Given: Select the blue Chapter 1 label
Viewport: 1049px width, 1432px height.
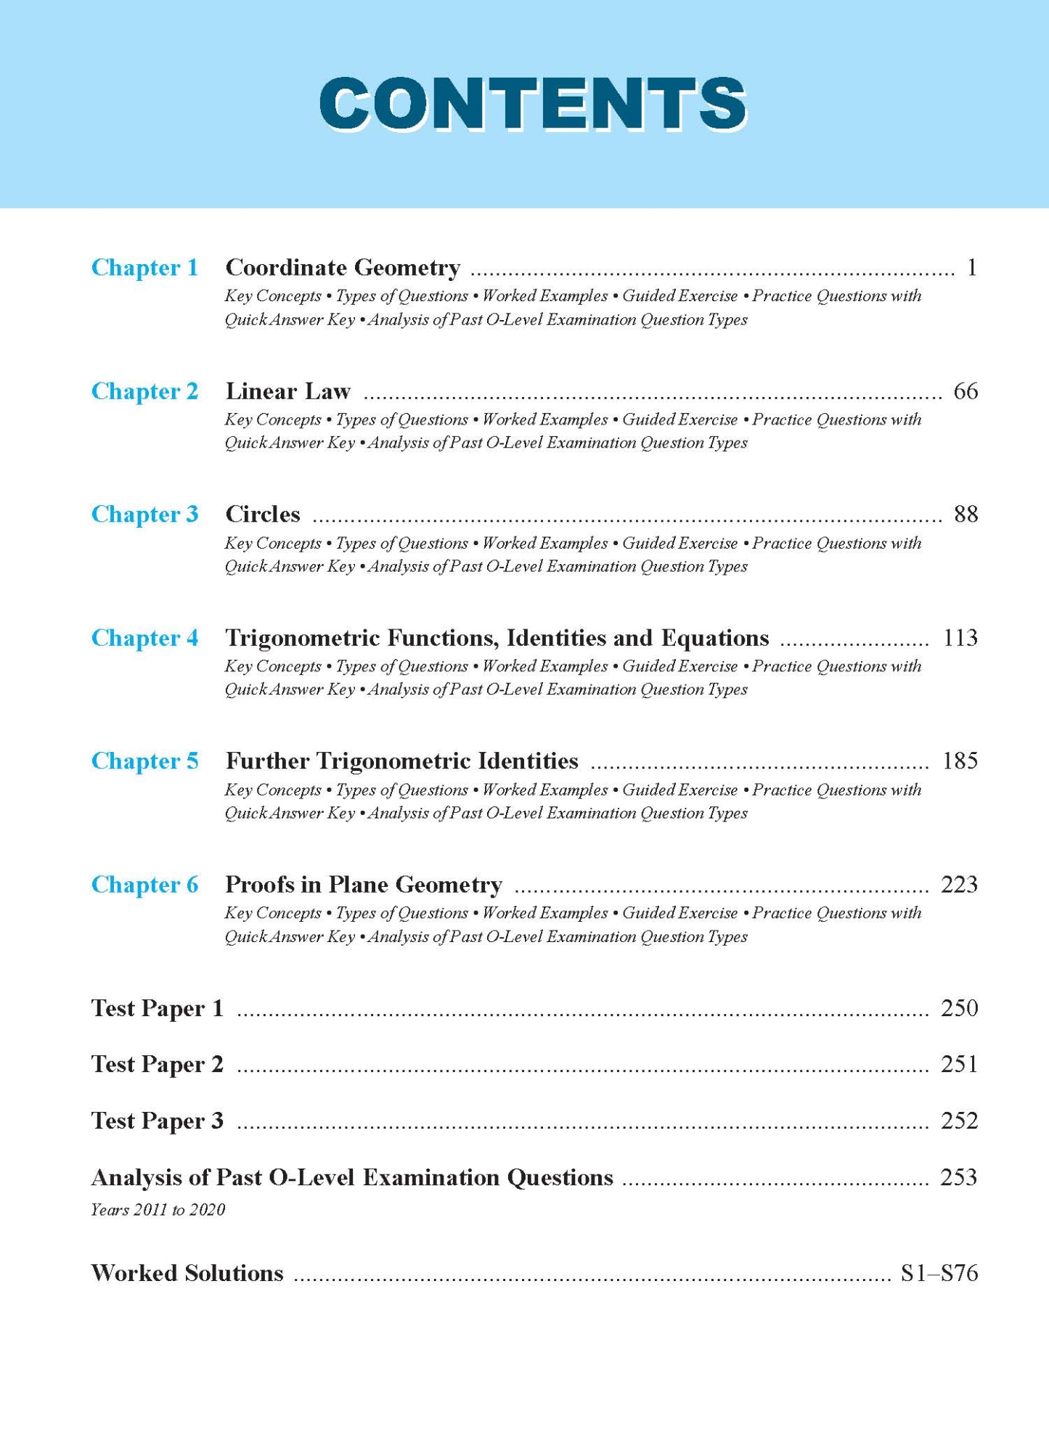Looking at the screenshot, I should click(144, 268).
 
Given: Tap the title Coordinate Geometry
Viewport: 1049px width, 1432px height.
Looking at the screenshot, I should click(343, 268).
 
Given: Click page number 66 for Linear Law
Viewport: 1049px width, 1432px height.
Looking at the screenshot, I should click(966, 391).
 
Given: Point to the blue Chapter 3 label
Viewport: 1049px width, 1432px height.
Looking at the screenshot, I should click(144, 515).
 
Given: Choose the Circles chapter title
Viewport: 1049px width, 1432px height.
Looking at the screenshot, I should click(263, 515).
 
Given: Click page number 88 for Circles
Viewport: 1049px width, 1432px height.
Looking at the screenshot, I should click(966, 515).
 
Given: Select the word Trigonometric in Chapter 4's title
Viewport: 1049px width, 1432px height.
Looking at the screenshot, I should click(303, 638).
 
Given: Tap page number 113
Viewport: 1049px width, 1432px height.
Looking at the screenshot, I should click(960, 638).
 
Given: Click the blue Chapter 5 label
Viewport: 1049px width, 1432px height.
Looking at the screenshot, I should click(144, 761).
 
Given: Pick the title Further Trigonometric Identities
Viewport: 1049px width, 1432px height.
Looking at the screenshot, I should click(402, 761).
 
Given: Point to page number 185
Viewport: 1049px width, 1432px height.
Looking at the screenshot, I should click(960, 761).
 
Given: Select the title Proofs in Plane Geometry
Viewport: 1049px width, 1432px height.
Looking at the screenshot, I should click(364, 885).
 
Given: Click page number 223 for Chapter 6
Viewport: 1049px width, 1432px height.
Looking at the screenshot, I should click(959, 885).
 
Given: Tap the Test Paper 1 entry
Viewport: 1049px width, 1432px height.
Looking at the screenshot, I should click(157, 1008).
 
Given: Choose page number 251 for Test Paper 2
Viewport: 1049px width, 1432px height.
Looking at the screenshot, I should click(959, 1065).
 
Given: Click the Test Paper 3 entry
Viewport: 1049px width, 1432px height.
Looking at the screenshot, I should click(157, 1121).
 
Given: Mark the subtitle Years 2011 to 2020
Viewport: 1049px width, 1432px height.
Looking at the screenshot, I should click(158, 1210).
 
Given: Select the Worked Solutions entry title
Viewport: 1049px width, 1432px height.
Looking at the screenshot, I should click(187, 1273).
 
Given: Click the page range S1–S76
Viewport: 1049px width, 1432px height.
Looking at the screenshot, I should click(939, 1273).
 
